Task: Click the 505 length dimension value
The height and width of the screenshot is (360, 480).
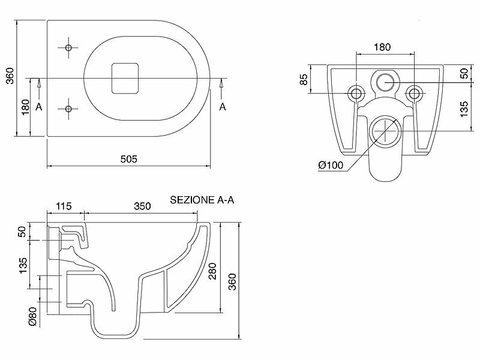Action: pos(128,159)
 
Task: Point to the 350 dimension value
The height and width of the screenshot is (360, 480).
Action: pos(142,206)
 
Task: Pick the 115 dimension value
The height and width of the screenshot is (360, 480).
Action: pos(64,206)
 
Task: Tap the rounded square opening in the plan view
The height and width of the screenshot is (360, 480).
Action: pos(125,78)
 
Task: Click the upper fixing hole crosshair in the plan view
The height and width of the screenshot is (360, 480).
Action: pos(68,47)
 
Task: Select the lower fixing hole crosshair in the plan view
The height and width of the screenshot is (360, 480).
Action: pos(68,109)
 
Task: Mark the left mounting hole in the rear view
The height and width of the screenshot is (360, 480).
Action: pos(356,93)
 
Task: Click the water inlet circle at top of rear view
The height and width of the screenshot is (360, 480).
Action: pos(385,81)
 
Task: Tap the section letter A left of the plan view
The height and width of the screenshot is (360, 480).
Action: pos(38,106)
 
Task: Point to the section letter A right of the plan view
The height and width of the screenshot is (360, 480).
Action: pos(222,106)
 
